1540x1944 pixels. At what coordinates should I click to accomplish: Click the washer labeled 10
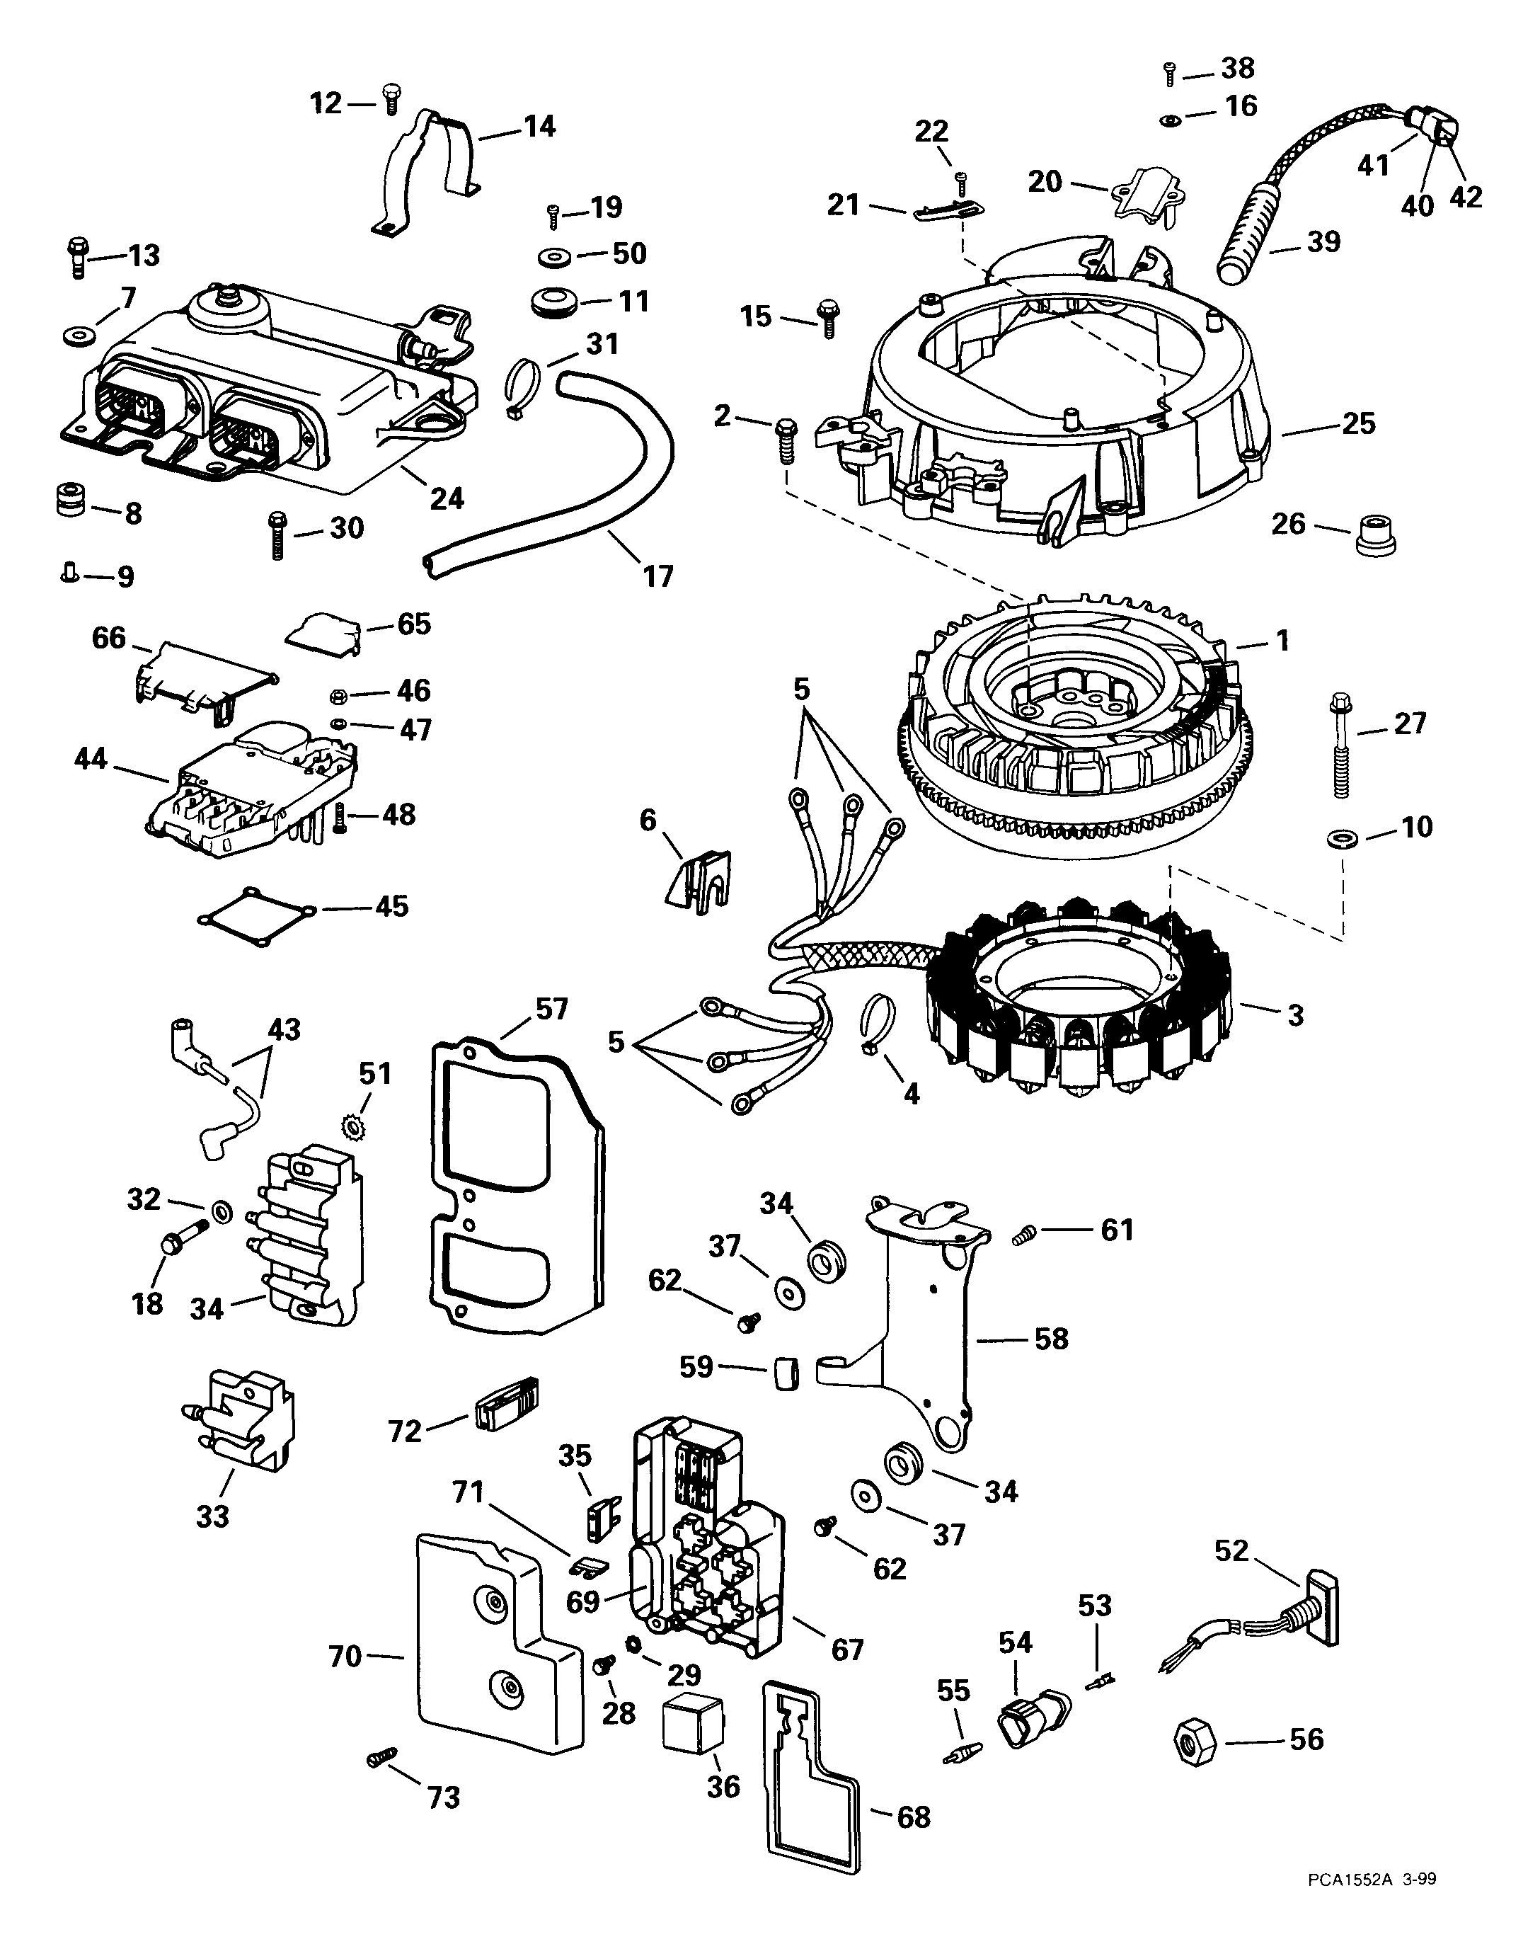(1340, 840)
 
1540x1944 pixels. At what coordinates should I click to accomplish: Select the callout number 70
(345, 1657)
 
